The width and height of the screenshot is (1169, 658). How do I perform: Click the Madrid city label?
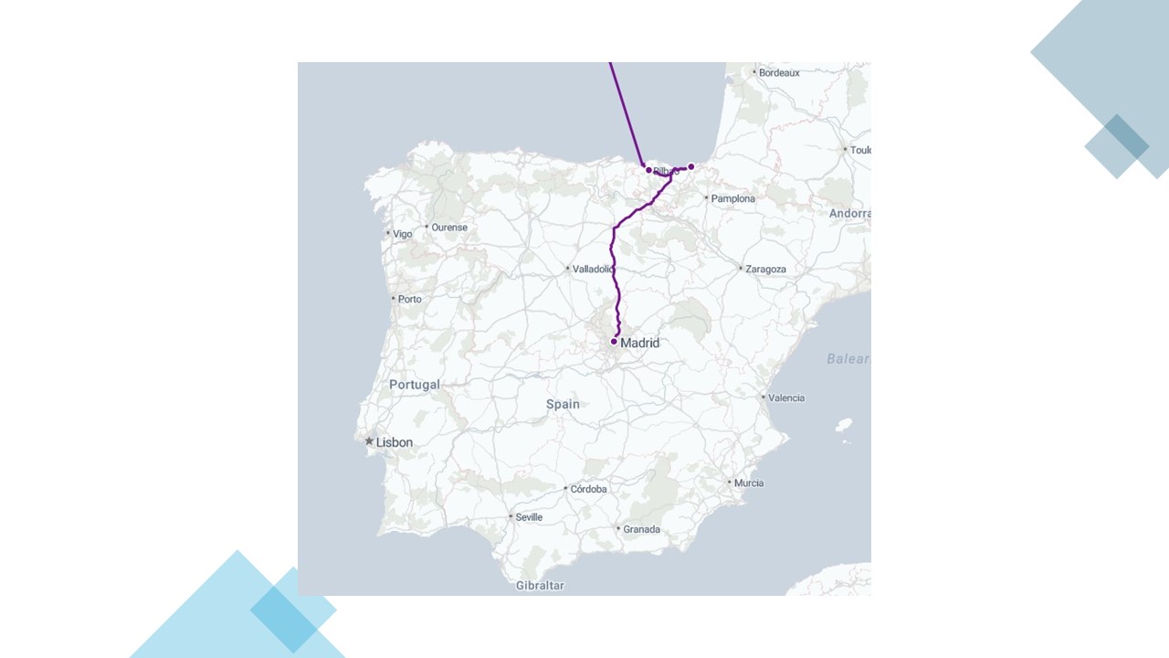coord(639,343)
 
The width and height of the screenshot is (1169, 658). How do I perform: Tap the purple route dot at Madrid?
coord(614,342)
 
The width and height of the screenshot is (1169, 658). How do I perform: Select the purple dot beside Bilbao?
coord(648,170)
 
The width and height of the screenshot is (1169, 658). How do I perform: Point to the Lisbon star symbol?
coord(369,441)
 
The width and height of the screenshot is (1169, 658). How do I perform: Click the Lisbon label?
coord(395,442)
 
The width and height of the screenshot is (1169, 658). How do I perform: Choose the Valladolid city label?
coord(592,270)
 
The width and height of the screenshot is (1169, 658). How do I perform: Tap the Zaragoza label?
coord(765,270)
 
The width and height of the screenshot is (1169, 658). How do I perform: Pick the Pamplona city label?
coord(732,198)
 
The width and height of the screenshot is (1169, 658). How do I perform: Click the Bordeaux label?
coord(779,72)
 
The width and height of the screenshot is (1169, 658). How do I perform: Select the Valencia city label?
coord(786,398)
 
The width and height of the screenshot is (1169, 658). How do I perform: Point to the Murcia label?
coord(749,483)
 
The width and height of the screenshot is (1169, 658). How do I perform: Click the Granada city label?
coord(641,529)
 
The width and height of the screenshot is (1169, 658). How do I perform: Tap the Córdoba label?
coord(589,489)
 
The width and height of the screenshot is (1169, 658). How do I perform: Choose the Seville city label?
coord(529,517)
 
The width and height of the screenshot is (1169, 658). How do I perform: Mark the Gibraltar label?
coord(540,585)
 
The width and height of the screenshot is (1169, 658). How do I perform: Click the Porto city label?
coord(409,299)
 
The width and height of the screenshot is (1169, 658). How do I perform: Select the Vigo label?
coord(403,234)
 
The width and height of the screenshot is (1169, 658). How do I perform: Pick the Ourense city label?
coord(449,228)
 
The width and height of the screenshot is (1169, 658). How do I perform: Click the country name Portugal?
coord(415,385)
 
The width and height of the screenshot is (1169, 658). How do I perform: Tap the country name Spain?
coord(563,404)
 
